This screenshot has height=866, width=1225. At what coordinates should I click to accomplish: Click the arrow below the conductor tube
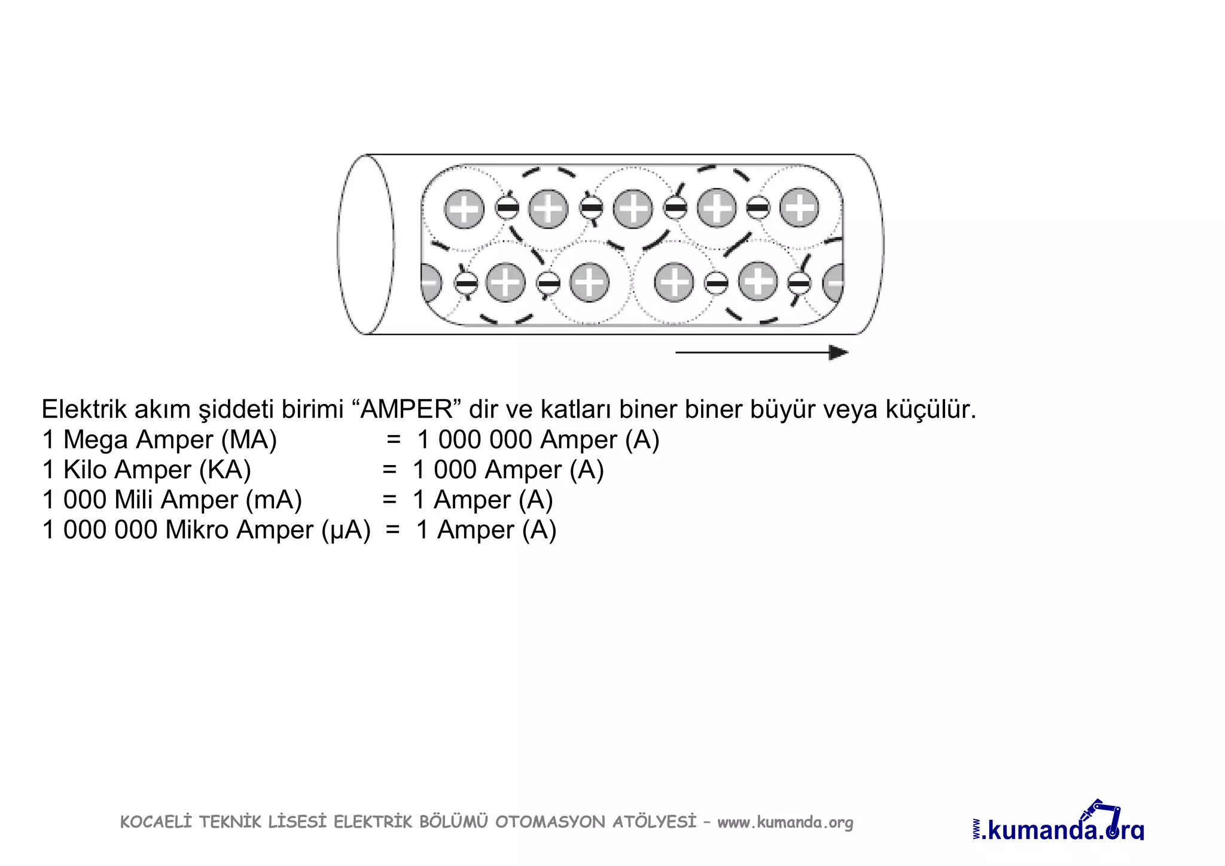click(x=761, y=353)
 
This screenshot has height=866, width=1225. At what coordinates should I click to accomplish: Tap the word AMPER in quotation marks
click(x=408, y=409)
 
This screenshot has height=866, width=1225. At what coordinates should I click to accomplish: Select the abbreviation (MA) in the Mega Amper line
click(x=249, y=440)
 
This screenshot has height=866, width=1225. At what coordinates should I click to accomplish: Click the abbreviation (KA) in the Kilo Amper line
click(x=224, y=470)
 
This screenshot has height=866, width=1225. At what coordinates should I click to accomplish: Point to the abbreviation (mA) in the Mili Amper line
click(x=274, y=500)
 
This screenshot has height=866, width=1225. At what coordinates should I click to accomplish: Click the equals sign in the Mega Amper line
click(x=393, y=440)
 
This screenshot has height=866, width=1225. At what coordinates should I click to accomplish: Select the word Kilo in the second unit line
click(x=85, y=470)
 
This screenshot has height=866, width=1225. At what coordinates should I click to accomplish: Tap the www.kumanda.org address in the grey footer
click(x=785, y=822)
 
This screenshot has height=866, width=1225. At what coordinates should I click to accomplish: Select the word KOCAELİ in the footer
click(x=156, y=822)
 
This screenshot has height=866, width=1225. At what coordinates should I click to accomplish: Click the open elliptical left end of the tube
click(x=365, y=244)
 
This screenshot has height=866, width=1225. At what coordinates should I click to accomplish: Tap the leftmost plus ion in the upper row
click(x=464, y=209)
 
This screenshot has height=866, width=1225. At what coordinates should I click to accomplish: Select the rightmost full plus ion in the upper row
click(x=799, y=208)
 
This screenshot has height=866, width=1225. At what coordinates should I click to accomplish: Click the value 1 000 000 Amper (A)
click(x=538, y=440)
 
